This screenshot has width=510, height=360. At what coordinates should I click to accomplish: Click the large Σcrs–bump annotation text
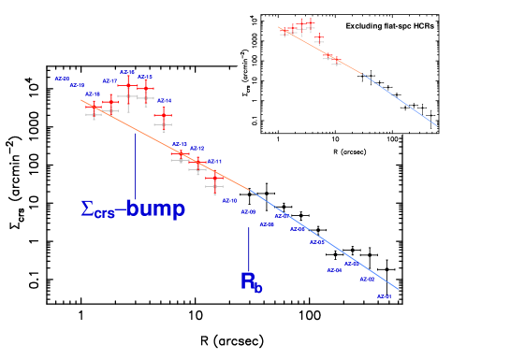[132, 209]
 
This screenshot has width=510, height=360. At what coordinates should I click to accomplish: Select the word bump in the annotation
[155, 209]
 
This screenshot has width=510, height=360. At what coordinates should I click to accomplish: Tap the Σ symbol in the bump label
[87, 209]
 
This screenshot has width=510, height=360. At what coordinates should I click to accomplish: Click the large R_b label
[252, 281]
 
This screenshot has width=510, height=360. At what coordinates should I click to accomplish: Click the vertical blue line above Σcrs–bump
[135, 164]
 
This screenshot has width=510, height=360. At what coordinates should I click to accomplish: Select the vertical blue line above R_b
[249, 248]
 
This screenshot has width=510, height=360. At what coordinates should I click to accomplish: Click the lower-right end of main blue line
[398, 289]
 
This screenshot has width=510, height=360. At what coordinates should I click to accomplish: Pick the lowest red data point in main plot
[215, 177]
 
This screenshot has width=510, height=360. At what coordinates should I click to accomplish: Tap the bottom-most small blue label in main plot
[384, 296]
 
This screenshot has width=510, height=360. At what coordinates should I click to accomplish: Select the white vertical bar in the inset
[399, 103]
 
